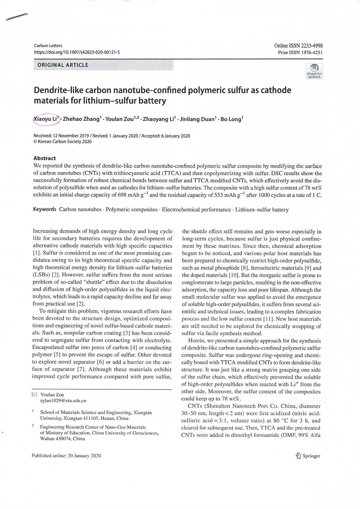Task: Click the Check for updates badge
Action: coord(314,71)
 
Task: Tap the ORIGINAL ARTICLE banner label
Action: coord(63,65)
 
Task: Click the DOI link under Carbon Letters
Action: coord(77,52)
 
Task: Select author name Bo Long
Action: coord(232,119)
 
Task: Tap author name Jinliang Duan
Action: coord(197,119)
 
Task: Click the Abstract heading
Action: coord(44,158)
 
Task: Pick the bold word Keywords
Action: coord(45,209)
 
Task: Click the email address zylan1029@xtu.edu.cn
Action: coord(63,401)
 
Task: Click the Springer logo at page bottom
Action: coord(308,456)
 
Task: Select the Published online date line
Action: coord(66,456)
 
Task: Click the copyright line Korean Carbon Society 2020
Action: coord(62,142)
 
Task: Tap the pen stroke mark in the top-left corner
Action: coord(17,17)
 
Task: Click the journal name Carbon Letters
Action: coord(48,46)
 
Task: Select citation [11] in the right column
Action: coord(268,319)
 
